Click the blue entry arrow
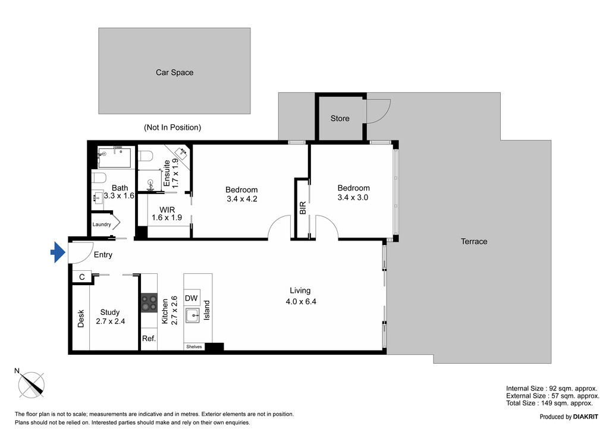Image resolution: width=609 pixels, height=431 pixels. click(x=58, y=252)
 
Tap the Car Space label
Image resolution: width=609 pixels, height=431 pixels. click(x=174, y=72)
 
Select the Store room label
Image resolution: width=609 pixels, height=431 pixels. click(x=340, y=118)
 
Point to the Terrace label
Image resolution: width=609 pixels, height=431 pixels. click(x=474, y=241)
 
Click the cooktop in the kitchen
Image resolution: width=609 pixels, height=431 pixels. click(x=149, y=303)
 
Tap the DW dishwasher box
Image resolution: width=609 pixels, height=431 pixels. click(x=192, y=298)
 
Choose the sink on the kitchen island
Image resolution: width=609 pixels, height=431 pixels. click(x=192, y=315)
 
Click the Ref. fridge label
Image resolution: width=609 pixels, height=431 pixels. click(x=149, y=339)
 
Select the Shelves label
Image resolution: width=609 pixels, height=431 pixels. click(x=194, y=346)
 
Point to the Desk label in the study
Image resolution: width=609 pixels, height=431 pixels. click(x=81, y=318)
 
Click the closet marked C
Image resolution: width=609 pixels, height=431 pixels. click(x=82, y=277)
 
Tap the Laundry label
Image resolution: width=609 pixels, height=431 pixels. click(x=102, y=224)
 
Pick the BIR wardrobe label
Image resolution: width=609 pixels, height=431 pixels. click(x=303, y=208)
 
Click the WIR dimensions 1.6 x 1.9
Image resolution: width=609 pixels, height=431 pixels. click(x=167, y=218)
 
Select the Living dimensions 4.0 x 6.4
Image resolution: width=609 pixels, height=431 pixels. click(x=301, y=302)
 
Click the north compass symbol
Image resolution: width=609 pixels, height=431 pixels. click(x=31, y=384)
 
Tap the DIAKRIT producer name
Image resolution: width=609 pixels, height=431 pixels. click(x=586, y=417)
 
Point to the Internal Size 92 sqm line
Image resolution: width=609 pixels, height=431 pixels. click(x=551, y=388)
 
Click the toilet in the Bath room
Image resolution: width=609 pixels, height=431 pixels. click(x=99, y=178)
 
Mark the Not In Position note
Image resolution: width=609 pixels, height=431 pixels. click(x=172, y=127)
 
